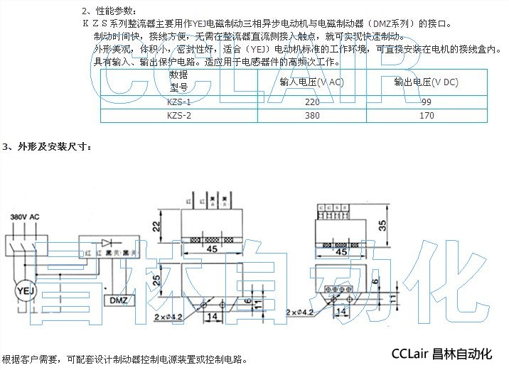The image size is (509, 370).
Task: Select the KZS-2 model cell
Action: [x=178, y=116]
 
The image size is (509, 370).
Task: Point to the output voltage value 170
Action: [x=427, y=116]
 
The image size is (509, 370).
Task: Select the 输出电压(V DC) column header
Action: [x=427, y=82]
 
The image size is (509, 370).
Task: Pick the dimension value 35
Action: [x=382, y=227]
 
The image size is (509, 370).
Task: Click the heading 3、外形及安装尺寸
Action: [x=47, y=147]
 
